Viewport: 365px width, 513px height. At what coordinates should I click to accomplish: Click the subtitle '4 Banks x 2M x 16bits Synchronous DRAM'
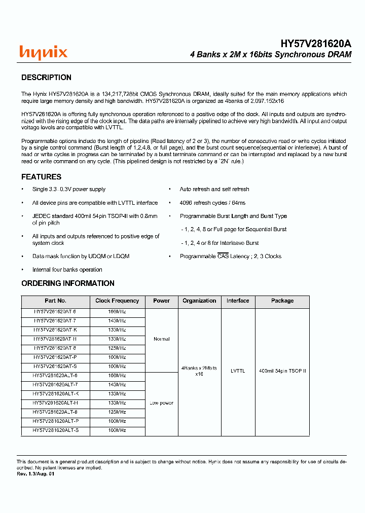coord(270,55)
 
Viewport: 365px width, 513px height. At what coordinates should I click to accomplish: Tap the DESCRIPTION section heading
coord(46,78)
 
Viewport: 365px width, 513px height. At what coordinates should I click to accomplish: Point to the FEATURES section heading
coord(41,177)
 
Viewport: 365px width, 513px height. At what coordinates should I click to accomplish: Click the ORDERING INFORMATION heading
coord(67,283)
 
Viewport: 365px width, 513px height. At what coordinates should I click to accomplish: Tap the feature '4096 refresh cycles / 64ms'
coord(212,203)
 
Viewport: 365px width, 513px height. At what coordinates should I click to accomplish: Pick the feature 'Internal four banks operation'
coord(67,270)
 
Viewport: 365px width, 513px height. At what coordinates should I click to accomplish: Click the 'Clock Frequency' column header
coord(117,301)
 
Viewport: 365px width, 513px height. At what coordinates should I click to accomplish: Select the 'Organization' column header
coord(199,301)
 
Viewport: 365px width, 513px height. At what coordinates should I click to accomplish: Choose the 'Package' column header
coord(282,301)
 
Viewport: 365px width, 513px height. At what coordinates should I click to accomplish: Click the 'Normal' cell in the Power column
coord(161,339)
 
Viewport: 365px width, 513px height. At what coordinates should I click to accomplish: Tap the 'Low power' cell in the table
coord(161,403)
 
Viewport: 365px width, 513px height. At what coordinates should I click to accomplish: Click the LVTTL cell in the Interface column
coord(238,371)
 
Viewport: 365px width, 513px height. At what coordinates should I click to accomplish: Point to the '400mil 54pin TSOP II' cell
coord(282,371)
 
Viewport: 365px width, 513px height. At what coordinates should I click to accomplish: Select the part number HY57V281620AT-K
coord(55,330)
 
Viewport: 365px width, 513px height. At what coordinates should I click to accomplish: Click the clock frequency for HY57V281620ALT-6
coord(117,376)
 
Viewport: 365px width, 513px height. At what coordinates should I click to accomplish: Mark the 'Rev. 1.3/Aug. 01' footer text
coord(35,474)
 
